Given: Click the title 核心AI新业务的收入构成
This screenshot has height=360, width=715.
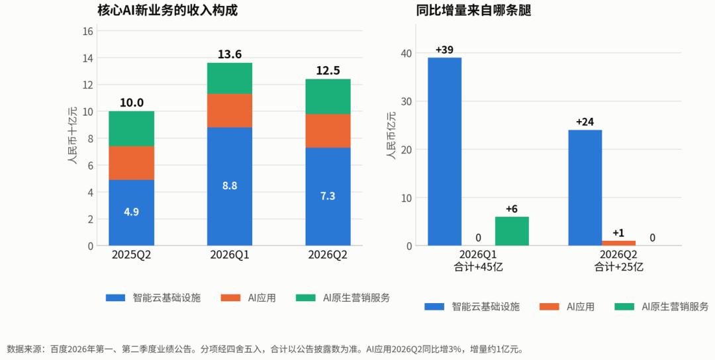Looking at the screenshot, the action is (x=167, y=10).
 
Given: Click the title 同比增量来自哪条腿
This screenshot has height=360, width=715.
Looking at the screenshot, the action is (x=473, y=10).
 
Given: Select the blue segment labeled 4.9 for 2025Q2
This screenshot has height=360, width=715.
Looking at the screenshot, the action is (x=131, y=212).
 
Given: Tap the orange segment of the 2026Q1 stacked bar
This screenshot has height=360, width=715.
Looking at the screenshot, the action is (x=229, y=111).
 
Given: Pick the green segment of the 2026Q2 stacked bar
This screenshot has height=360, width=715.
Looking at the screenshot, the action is (x=328, y=97).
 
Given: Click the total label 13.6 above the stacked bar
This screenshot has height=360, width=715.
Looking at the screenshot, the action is (x=229, y=54).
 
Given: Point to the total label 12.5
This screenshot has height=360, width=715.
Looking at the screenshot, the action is (x=328, y=71).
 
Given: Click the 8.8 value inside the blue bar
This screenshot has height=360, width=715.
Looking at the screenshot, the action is (x=229, y=185).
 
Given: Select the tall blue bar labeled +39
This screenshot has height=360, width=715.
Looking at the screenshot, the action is (x=445, y=152).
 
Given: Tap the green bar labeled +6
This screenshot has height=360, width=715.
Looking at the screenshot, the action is (x=512, y=231).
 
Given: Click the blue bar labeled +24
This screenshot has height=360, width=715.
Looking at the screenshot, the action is (x=585, y=188).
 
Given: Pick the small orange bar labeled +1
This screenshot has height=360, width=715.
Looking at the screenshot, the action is (x=618, y=244).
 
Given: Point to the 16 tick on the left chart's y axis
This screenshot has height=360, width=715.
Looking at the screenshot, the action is (x=87, y=31).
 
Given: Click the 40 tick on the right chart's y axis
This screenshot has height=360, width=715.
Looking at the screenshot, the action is (x=406, y=54).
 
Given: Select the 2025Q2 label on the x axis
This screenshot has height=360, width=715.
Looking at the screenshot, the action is (x=131, y=255).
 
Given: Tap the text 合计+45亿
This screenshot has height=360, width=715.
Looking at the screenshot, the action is (x=479, y=267).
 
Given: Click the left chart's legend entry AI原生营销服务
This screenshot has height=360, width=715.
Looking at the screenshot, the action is (x=343, y=298).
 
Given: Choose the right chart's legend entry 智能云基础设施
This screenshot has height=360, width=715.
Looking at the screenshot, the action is (x=472, y=306).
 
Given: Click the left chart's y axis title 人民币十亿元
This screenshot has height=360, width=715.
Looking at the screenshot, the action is (x=73, y=136).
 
